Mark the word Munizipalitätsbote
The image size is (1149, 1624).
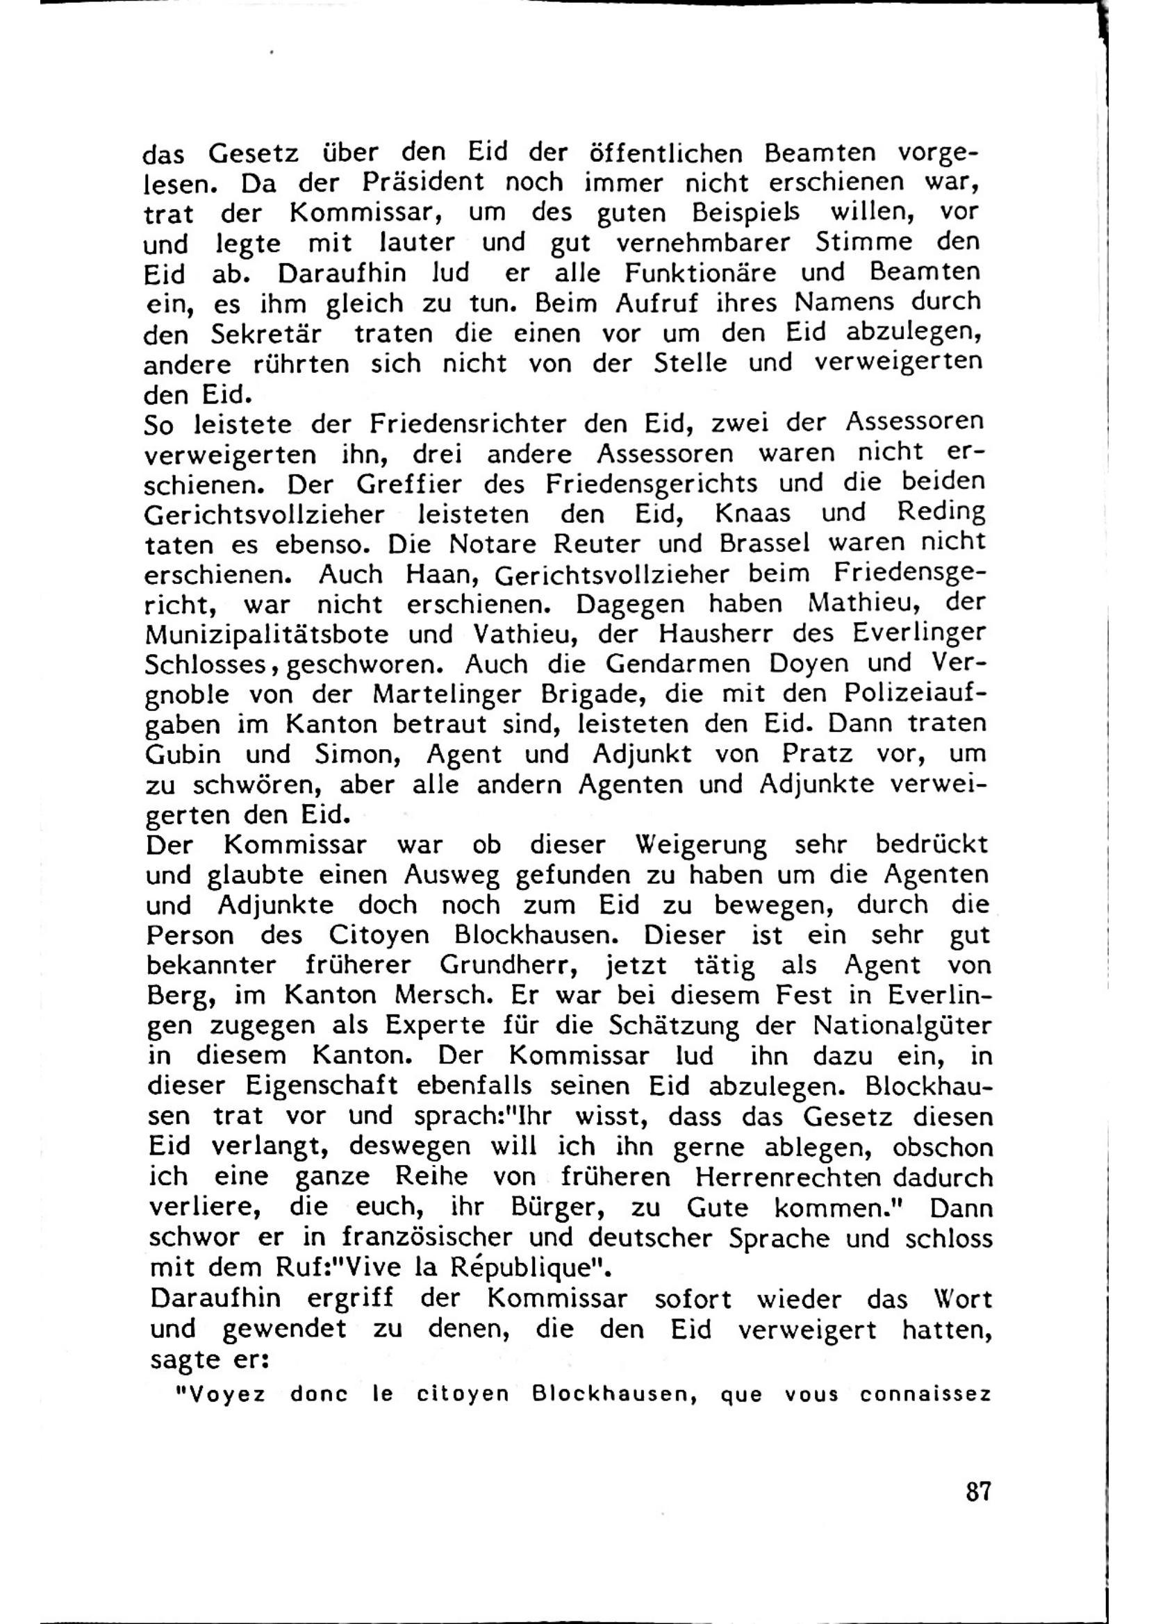267,635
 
